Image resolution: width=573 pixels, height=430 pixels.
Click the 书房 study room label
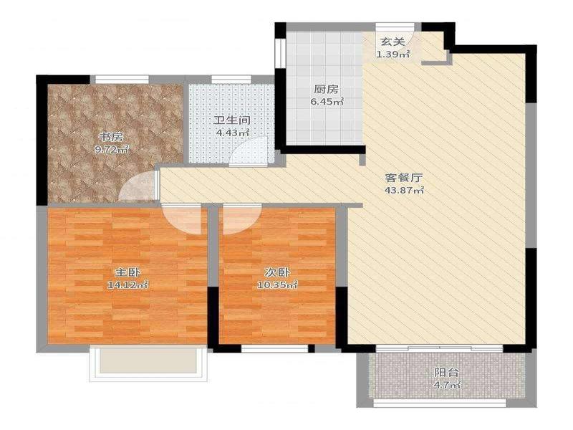pos(111,137)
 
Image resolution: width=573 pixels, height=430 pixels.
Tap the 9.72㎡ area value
pos(111,149)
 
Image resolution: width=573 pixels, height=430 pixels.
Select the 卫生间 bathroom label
pos(232,120)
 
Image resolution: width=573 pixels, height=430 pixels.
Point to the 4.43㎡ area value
pos(232,133)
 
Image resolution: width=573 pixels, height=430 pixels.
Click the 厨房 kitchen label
pos(327,89)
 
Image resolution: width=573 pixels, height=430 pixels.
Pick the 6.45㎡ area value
pos(327,101)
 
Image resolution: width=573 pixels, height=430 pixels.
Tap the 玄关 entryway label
pos(393,42)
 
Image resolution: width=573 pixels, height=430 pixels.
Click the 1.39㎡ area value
pos(393,54)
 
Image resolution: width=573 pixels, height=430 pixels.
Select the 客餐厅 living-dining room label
pos(404,178)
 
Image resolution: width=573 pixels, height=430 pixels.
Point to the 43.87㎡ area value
pos(404,190)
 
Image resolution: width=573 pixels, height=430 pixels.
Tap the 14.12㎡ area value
pos(127,285)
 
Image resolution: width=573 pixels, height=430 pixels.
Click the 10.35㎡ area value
pos(277,285)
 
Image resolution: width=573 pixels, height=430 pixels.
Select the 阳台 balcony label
pos(446,373)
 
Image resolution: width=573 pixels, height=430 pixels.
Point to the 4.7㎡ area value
pos(447,385)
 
